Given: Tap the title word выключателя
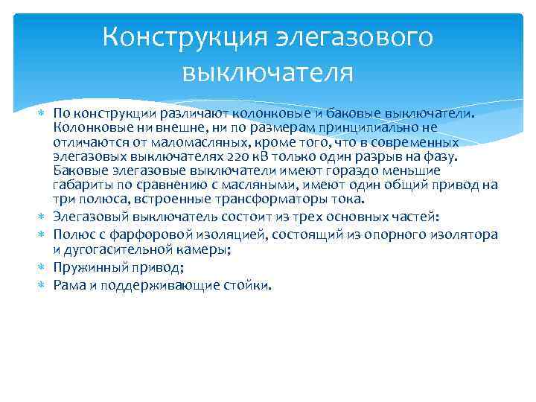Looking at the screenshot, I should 267,72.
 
